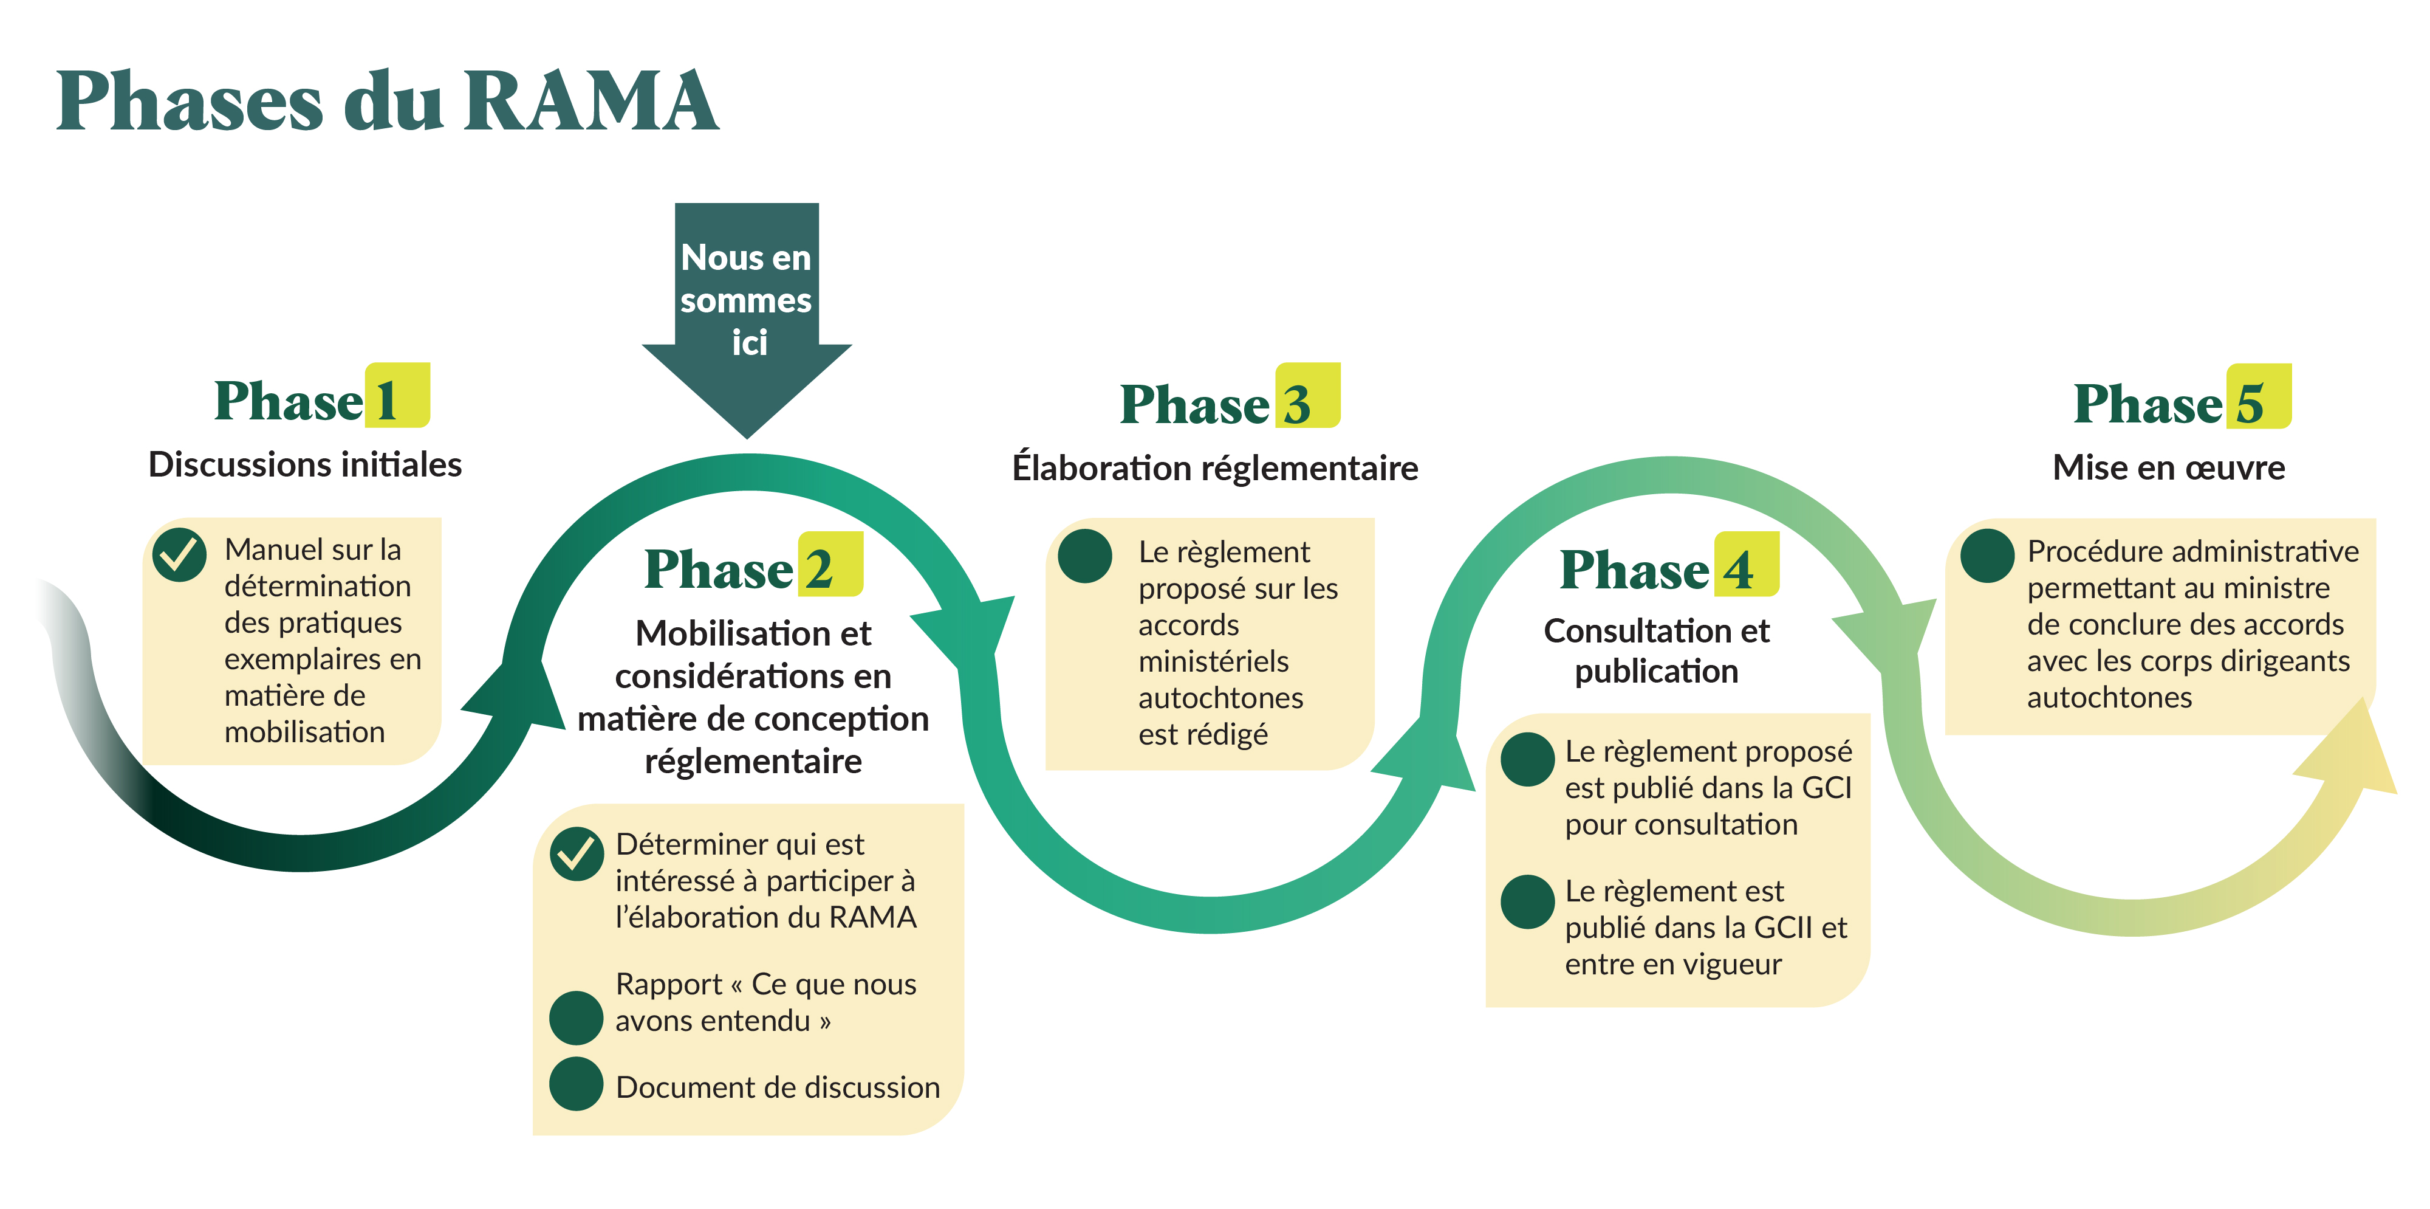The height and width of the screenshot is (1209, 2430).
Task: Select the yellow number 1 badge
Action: pos(397,396)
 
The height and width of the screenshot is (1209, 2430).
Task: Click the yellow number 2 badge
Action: pos(830,565)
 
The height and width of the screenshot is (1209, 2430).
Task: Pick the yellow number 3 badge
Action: pos(1307,396)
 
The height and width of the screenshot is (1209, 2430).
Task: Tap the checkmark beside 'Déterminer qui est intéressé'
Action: pos(577,853)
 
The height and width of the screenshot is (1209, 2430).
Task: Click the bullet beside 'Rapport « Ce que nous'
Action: pos(577,1018)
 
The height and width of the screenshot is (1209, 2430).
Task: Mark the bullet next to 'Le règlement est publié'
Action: pos(1527,902)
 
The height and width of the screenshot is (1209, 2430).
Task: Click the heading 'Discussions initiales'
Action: pos(305,464)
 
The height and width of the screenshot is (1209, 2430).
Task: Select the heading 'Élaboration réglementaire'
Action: pos(1215,468)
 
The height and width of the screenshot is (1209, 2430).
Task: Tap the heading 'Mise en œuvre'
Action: pos(2169,467)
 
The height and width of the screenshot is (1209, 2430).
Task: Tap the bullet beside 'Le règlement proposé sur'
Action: pos(1085,556)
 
